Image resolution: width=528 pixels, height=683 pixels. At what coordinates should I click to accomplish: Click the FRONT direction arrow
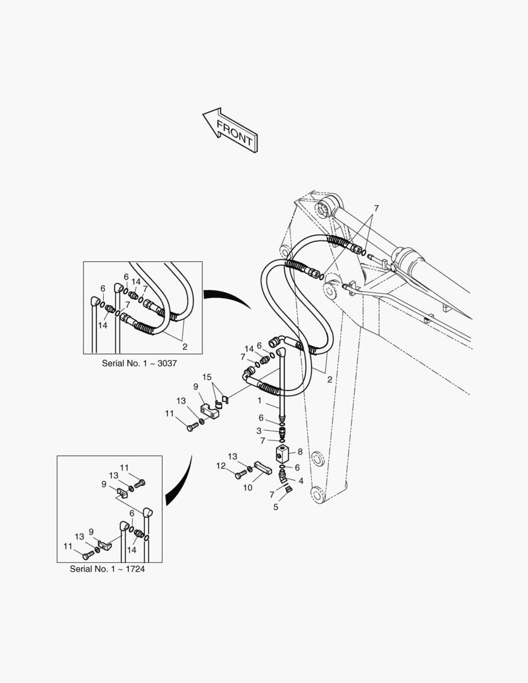pos(231,130)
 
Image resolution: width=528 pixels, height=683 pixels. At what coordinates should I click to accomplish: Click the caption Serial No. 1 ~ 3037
pos(139,363)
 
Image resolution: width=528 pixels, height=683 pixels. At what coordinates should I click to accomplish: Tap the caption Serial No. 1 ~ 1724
pos(107,569)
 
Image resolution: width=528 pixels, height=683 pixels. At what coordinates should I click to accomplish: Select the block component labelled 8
pos(282,454)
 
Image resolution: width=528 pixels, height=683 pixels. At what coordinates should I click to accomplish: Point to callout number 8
pos(300,452)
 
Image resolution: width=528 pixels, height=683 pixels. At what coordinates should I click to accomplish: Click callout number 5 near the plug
pos(276,507)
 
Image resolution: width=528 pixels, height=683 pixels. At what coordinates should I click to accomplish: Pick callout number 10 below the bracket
pos(247,488)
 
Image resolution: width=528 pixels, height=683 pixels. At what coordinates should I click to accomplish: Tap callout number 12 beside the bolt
pos(221,466)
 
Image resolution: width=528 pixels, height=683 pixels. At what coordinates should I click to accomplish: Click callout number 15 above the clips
pos(207,377)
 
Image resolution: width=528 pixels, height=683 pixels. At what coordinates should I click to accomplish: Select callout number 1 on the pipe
pos(260,401)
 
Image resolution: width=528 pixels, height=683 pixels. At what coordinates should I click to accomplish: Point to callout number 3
pos(259,431)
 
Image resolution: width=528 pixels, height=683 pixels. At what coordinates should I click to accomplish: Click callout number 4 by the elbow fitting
pos(300,481)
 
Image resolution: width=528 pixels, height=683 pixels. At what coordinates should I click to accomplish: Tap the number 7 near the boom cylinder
pos(376,209)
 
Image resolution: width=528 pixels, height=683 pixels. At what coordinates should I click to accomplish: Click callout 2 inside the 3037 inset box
pos(185,347)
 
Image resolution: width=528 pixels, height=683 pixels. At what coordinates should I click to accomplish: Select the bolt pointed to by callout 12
pos(241,475)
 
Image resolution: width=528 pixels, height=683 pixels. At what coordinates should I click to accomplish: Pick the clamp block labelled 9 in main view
pos(209,410)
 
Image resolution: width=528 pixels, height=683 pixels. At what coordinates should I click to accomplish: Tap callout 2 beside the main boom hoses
pos(330,380)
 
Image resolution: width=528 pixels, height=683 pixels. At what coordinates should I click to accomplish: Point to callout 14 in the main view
pos(249,349)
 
